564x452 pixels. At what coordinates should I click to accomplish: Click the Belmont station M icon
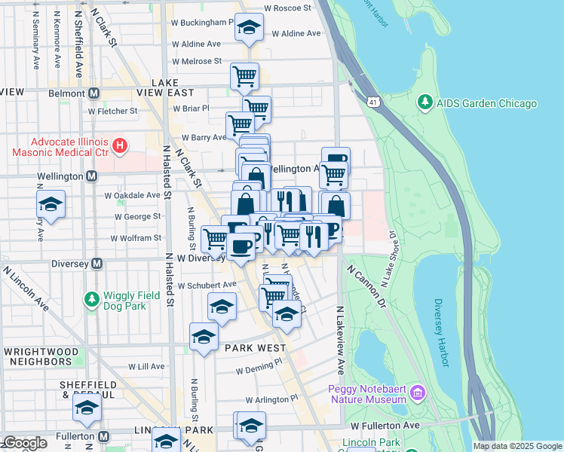point(94,93)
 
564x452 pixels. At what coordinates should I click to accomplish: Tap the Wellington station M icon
point(91,176)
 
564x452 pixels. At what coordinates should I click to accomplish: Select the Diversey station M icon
point(97,264)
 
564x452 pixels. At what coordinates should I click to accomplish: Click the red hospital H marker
point(118,144)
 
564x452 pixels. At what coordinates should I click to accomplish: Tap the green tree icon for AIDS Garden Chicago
point(425,103)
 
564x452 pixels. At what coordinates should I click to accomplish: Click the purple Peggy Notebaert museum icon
point(418,393)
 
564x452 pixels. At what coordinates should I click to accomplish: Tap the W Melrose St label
point(196,61)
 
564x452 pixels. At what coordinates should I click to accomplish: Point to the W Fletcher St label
point(112,111)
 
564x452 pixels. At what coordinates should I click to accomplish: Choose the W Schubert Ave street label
point(207,286)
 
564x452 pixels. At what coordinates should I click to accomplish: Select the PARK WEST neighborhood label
point(255,348)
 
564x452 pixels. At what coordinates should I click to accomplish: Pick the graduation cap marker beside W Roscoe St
point(249,28)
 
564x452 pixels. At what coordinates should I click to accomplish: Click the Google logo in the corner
point(24,443)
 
